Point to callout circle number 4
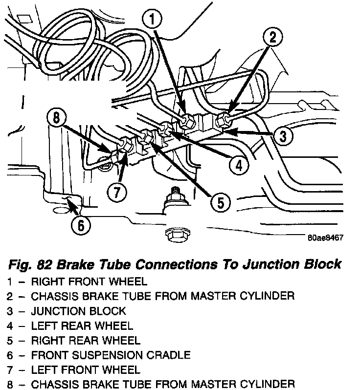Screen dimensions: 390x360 [238, 166]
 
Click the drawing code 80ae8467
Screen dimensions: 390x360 [325, 238]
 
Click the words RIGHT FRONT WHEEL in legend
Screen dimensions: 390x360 [89, 282]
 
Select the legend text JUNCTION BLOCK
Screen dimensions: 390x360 [78, 311]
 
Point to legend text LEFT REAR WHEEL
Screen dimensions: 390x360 [82, 325]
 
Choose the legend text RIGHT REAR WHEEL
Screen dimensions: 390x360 [86, 340]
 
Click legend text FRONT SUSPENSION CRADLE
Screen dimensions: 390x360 [111, 355]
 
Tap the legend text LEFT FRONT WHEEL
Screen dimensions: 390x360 [85, 369]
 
